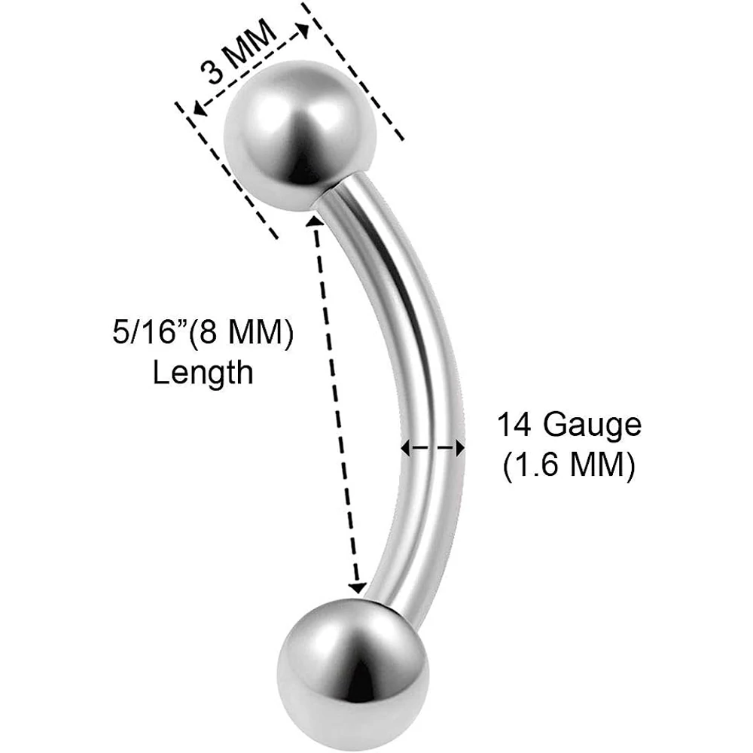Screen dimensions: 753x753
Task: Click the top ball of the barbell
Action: click(x=300, y=136)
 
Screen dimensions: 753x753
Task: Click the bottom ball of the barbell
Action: click(x=353, y=674)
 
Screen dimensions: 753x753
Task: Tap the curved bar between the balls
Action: click(x=418, y=384)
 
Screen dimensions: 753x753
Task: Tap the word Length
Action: click(x=203, y=373)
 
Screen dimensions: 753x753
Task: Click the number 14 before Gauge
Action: click(x=516, y=425)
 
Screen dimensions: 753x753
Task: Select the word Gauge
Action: click(x=593, y=425)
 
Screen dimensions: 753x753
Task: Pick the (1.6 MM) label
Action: click(x=569, y=465)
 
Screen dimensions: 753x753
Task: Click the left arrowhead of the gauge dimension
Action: click(x=406, y=449)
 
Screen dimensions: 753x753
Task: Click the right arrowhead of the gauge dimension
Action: click(x=460, y=449)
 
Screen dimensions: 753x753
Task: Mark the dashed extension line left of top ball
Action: click(x=227, y=170)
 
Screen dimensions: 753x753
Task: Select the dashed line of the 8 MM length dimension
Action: click(x=336, y=404)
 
